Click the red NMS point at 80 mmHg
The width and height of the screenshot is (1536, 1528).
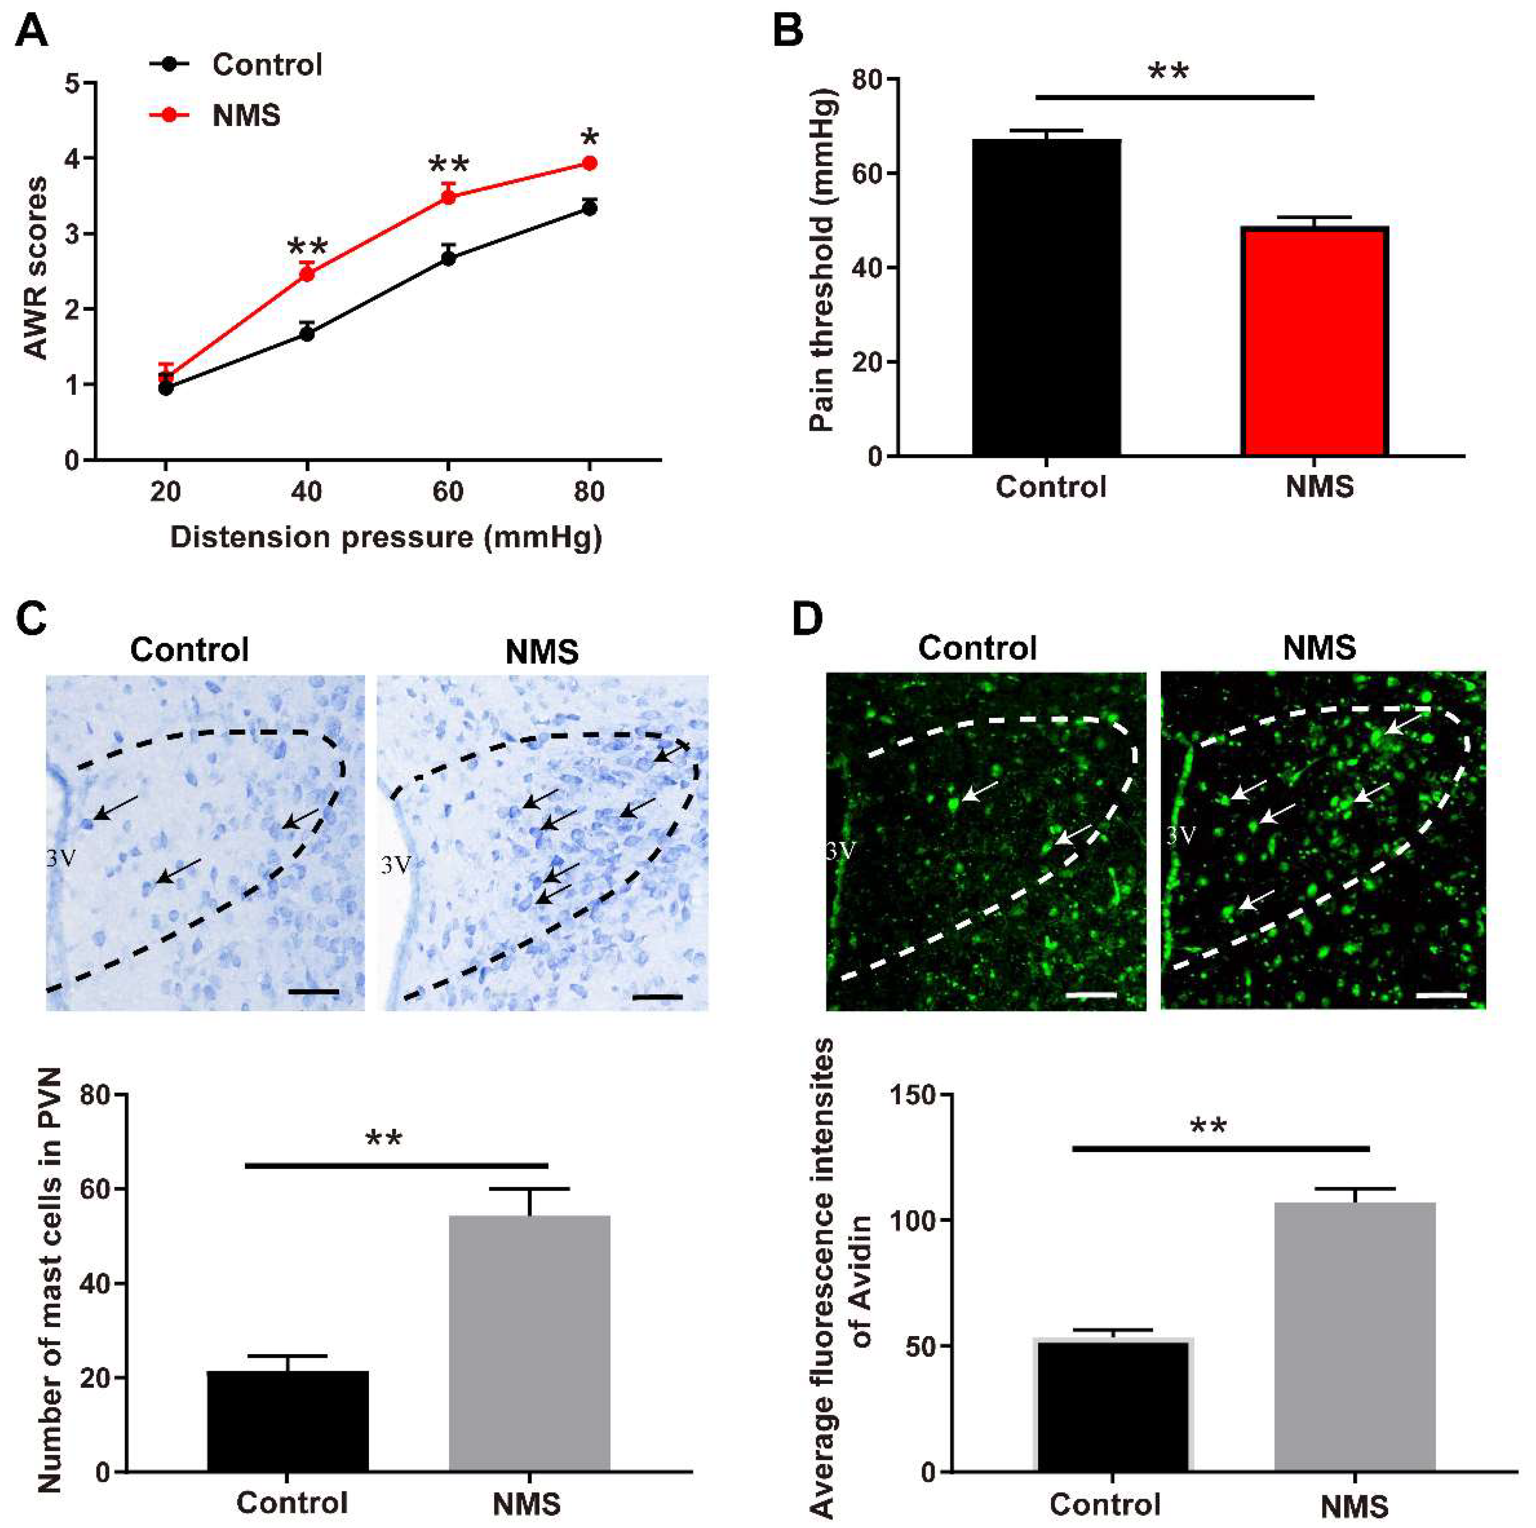tap(589, 163)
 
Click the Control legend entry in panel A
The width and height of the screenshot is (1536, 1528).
tap(266, 64)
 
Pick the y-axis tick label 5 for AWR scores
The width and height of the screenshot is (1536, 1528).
tap(73, 83)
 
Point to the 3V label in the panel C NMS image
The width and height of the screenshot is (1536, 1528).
tap(395, 864)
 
